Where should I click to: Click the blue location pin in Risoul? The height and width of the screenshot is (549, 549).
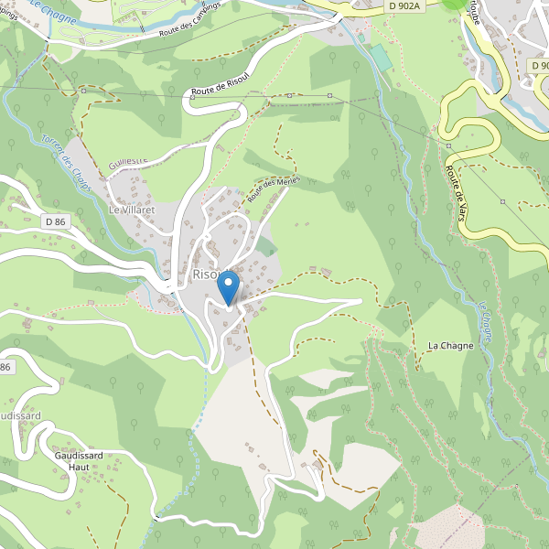(x=229, y=287)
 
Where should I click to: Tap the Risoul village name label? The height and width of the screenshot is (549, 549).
(x=205, y=274)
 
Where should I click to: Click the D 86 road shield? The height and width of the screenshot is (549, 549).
(x=55, y=221)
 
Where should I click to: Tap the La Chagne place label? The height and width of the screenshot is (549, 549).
(x=450, y=345)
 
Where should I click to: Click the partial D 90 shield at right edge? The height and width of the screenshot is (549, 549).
(x=540, y=66)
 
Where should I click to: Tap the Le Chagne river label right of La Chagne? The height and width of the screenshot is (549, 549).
(x=485, y=325)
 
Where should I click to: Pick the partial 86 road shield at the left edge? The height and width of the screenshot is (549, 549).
(x=5, y=367)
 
